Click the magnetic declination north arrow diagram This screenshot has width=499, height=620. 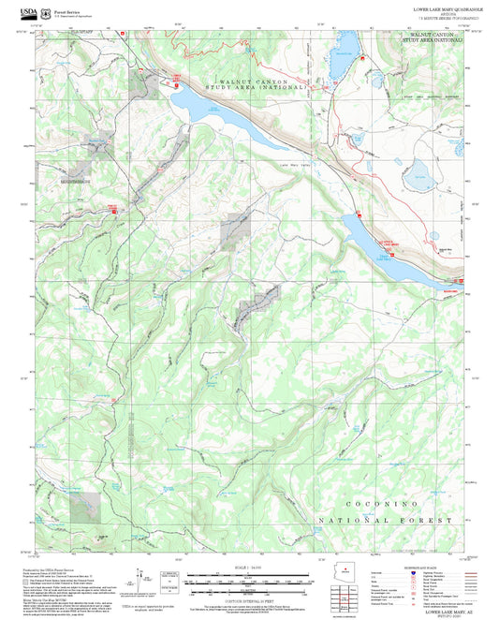[142, 579]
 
